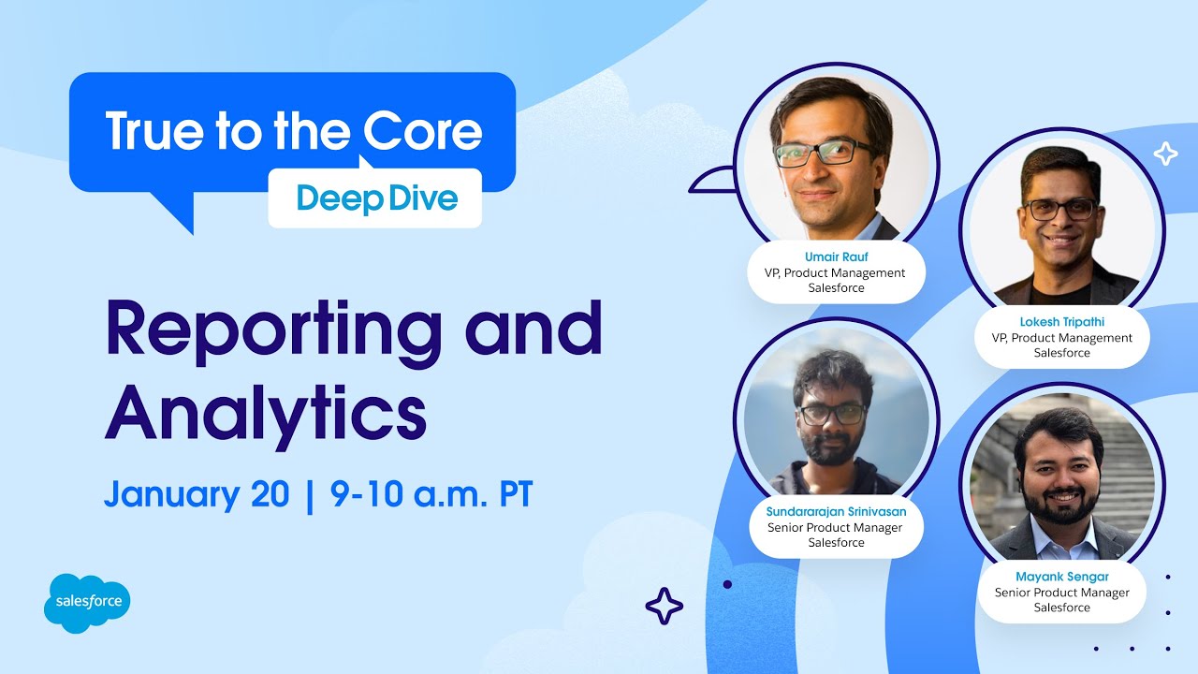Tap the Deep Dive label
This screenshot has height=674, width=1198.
tap(376, 198)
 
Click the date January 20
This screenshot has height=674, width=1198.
tap(197, 494)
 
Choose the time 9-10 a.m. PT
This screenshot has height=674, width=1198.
tap(431, 494)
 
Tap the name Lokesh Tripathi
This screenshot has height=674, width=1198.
tap(1061, 322)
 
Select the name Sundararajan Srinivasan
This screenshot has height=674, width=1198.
tap(835, 511)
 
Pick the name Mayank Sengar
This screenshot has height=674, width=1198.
tap(1061, 577)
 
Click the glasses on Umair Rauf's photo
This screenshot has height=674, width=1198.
tap(824, 153)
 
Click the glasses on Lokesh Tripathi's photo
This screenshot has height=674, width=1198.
tap(1060, 209)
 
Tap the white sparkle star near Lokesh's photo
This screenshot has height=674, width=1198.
tap(1165, 153)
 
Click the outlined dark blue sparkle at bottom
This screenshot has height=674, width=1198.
tap(665, 606)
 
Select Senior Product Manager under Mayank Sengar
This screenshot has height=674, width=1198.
tap(1061, 593)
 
